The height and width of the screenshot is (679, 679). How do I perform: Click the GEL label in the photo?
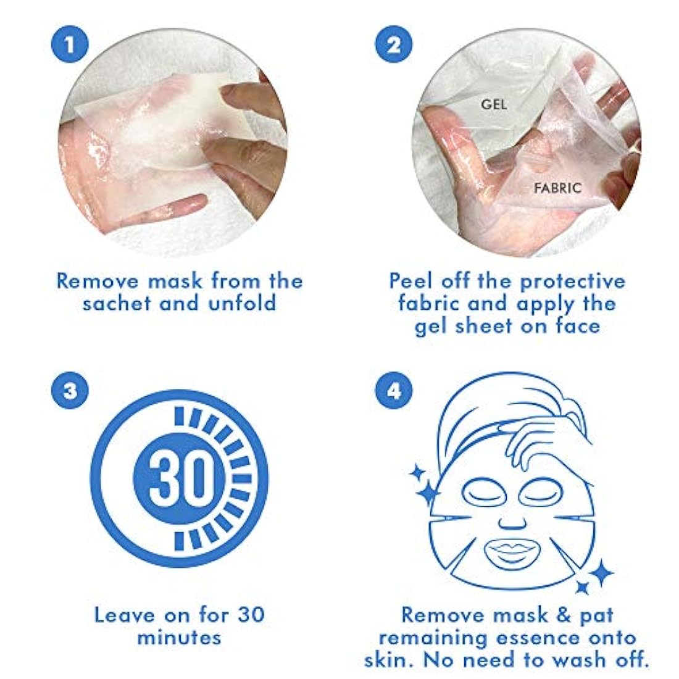tap(494, 105)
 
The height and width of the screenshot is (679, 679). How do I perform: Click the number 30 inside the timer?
tap(178, 478)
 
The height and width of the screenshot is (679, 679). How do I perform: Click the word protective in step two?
tap(572, 281)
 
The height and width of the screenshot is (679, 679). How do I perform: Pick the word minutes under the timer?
tap(179, 637)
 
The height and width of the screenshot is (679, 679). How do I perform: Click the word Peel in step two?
tap(410, 281)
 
